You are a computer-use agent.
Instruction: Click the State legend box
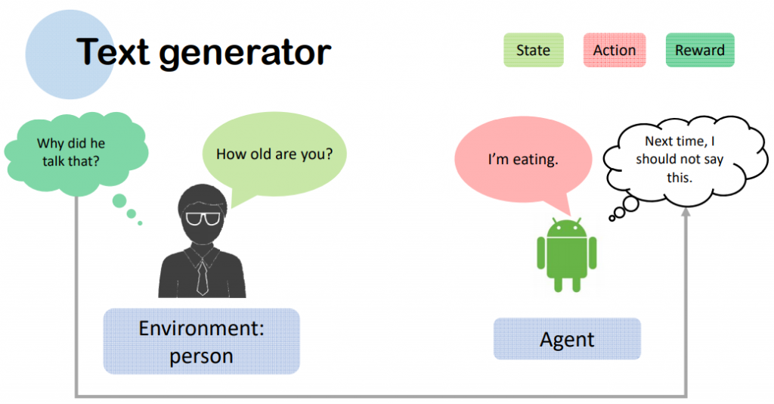click(533, 50)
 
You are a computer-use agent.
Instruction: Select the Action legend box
click(614, 50)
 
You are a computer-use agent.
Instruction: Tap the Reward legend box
click(700, 50)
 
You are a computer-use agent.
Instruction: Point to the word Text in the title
click(113, 51)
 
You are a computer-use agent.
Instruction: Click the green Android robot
click(567, 254)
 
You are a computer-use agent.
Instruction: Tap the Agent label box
click(567, 339)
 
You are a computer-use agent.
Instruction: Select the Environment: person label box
click(201, 341)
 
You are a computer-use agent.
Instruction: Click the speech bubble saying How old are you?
click(274, 154)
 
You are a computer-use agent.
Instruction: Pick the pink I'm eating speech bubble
click(523, 159)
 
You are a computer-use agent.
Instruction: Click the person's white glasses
click(203, 218)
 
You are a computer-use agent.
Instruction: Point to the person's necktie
click(202, 277)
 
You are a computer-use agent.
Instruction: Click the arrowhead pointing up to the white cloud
click(686, 212)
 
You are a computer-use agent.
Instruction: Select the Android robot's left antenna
click(556, 220)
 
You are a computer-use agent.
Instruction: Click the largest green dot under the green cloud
click(119, 201)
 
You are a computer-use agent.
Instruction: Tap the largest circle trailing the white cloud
click(631, 204)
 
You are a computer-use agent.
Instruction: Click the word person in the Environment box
click(201, 356)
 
